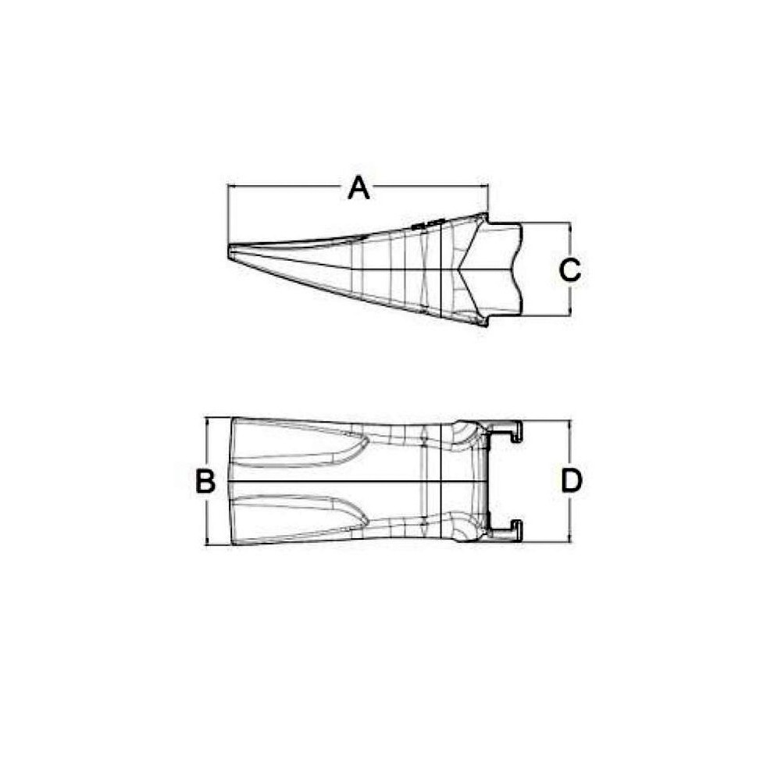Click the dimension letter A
[x=358, y=187]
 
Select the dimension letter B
[x=205, y=481]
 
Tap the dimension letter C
[x=570, y=270]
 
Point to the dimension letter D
[x=572, y=481]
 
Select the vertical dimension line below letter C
[x=571, y=301]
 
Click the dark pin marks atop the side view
[x=427, y=224]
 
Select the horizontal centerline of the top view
[x=351, y=481]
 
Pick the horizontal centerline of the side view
[x=351, y=269]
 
